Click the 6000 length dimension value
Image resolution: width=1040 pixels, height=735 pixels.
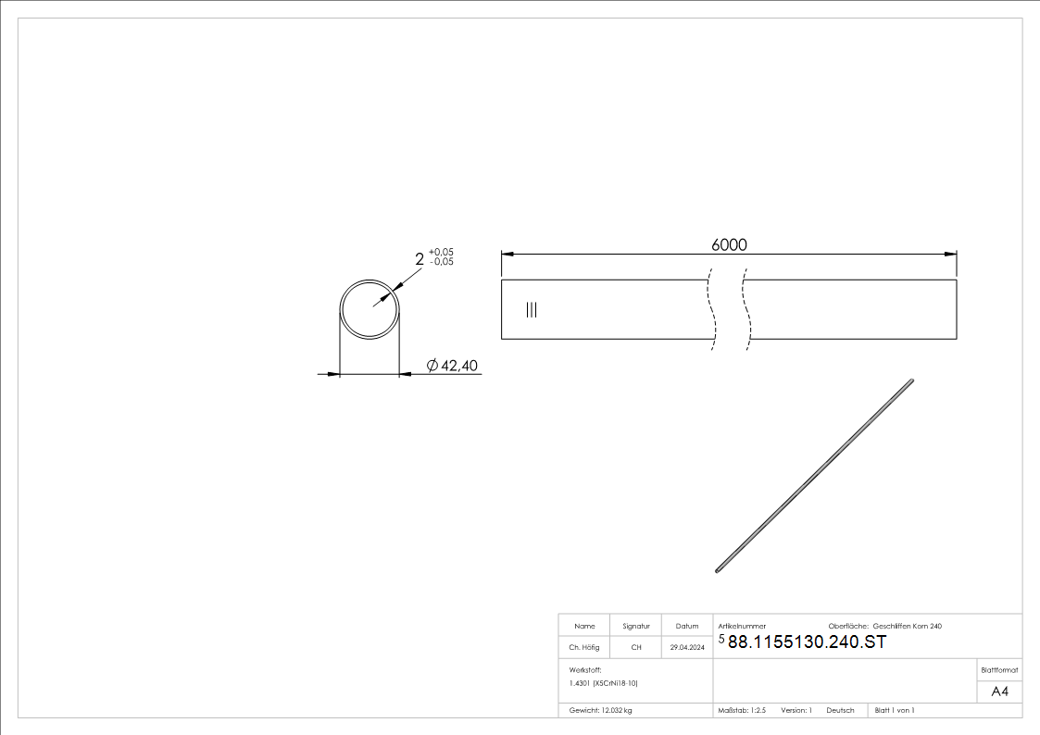point(729,244)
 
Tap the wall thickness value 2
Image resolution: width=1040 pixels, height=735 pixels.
point(420,260)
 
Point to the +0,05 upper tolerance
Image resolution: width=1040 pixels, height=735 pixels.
point(441,253)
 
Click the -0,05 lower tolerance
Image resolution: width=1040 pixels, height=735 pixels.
point(441,262)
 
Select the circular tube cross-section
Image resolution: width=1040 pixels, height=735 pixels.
point(370,309)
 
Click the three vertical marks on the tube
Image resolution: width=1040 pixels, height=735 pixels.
point(531,310)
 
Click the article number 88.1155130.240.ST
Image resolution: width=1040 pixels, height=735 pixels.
point(807,643)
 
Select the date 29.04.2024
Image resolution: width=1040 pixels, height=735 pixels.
point(687,648)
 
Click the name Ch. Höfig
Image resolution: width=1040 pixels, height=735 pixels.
point(583,648)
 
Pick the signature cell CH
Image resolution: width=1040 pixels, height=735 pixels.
point(636,648)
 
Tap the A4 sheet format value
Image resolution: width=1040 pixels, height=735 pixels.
point(999,691)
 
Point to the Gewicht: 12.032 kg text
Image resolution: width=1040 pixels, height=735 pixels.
point(600,710)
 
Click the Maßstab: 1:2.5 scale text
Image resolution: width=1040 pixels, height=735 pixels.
point(742,710)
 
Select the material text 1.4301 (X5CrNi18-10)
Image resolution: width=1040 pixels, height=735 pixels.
point(604,683)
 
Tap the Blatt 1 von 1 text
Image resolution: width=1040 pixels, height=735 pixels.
point(895,710)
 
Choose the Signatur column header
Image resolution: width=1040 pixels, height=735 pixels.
point(636,627)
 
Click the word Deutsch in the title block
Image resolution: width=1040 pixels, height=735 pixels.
point(840,710)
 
